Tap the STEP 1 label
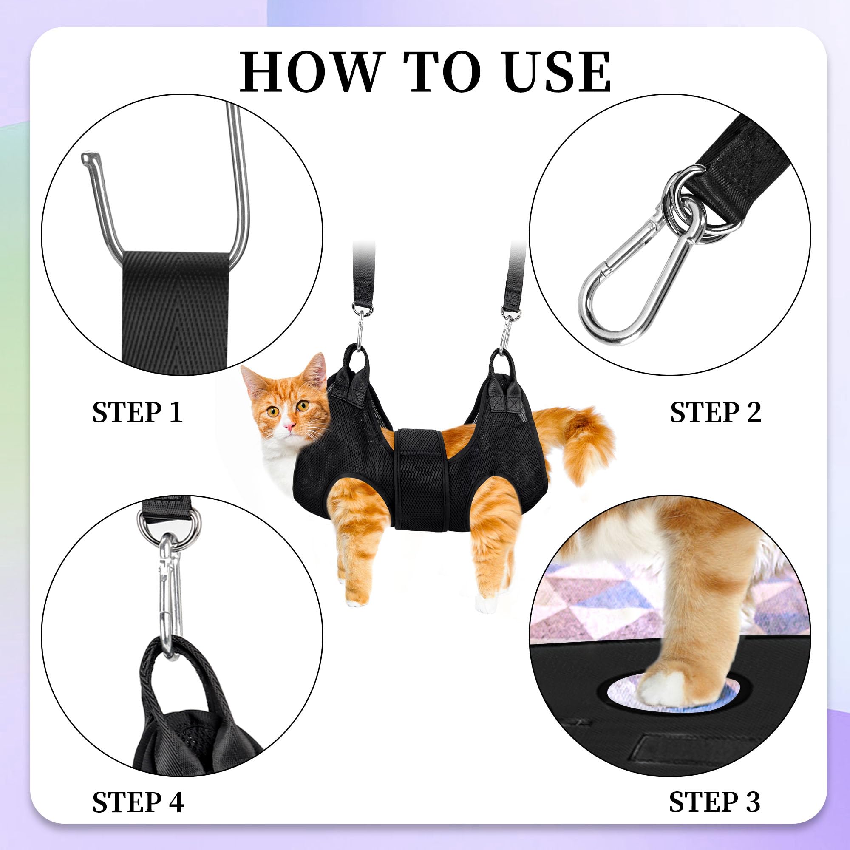(x=137, y=412)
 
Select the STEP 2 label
(x=715, y=412)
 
